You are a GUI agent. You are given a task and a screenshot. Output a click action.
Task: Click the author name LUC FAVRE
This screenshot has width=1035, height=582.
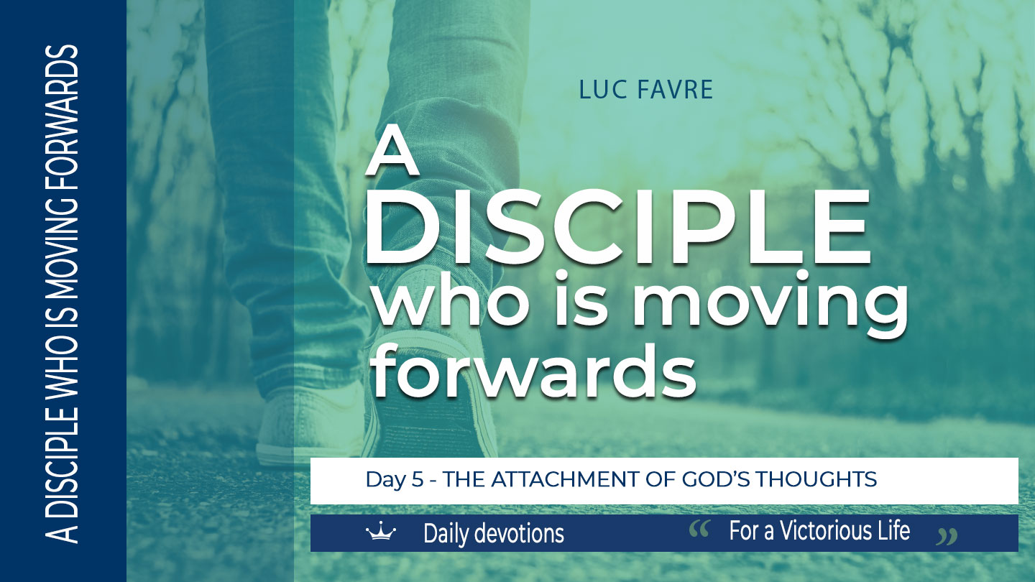click(x=645, y=90)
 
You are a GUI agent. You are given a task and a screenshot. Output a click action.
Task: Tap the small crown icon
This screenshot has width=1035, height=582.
click(x=381, y=531)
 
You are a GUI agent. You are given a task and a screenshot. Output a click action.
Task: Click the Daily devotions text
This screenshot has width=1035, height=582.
click(x=494, y=533)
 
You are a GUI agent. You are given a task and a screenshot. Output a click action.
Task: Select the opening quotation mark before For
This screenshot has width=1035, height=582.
click(x=699, y=530)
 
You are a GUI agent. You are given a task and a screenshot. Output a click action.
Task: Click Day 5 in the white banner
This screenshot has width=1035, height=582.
click(x=394, y=479)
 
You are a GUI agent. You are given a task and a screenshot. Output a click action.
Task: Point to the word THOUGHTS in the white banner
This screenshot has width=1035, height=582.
click(x=816, y=479)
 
